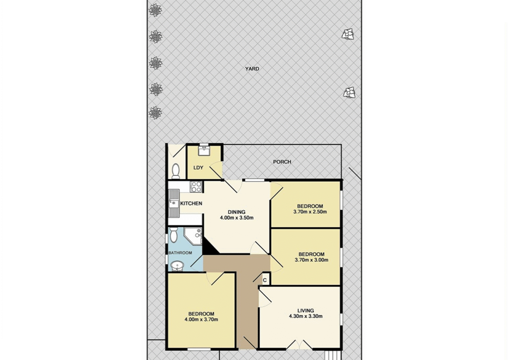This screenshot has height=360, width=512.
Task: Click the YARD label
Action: [x=252, y=69]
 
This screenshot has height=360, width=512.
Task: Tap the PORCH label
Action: [x=282, y=161]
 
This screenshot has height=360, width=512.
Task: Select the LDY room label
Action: [x=198, y=167]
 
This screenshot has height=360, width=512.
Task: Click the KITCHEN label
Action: [x=191, y=203]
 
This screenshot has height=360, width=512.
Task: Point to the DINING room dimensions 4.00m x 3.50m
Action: [x=236, y=218]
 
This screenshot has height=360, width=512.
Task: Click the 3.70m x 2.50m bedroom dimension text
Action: [x=310, y=211]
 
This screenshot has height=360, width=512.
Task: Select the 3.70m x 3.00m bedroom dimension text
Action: [x=311, y=260]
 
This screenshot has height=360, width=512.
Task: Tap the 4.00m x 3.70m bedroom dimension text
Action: [x=201, y=319]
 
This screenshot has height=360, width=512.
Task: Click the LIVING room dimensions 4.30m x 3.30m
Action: [x=305, y=316]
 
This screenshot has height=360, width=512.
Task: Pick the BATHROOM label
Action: [x=180, y=253]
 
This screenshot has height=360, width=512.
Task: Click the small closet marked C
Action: [x=265, y=280]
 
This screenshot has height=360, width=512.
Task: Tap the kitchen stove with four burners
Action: [x=196, y=186]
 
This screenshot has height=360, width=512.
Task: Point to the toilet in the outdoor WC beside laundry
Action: [x=175, y=170]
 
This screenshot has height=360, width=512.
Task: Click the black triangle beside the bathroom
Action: [x=209, y=246]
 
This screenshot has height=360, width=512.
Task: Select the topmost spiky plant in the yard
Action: [x=155, y=10]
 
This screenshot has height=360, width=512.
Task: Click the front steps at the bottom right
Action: [x=333, y=355]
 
